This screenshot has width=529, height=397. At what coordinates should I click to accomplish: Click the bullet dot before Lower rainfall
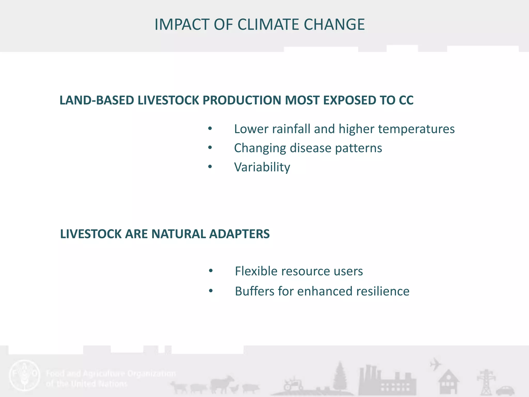pos(210,128)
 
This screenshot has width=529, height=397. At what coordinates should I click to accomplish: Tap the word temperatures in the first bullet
pos(416,129)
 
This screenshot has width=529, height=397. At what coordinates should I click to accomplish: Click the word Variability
pos(262,167)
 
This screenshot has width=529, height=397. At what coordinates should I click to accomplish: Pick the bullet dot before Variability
pos(210,167)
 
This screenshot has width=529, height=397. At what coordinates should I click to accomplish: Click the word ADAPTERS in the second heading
pos(239,234)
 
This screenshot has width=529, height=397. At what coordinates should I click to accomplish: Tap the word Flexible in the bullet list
pos(256,271)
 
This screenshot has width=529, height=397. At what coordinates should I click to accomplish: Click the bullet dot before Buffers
pos(211,291)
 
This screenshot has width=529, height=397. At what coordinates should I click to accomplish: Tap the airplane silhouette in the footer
pos(435,364)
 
